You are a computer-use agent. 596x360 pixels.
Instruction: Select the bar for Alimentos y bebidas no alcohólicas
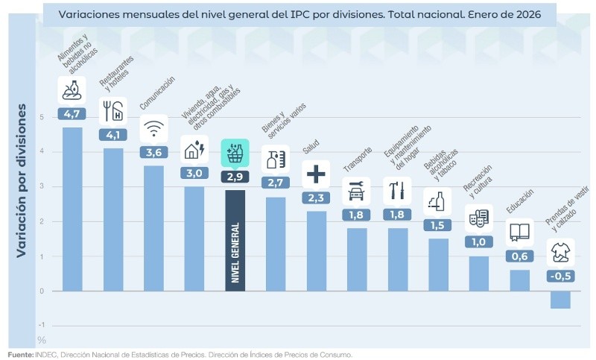72,209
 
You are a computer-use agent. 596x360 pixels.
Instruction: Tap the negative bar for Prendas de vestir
560,300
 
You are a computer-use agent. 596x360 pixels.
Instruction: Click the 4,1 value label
112,136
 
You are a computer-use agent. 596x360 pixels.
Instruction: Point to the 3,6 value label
153,152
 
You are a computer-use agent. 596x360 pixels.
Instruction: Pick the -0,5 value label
560,277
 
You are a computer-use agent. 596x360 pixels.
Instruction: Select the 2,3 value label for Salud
316,198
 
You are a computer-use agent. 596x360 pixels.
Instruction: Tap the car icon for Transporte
356,192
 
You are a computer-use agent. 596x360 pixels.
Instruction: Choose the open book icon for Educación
519,233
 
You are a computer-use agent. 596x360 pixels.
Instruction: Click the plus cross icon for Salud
316,174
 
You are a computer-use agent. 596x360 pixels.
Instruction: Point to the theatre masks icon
478,218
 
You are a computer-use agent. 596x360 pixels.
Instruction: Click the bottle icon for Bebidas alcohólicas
438,201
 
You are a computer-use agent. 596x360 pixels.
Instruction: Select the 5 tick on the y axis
42,117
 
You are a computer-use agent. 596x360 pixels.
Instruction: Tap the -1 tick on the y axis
42,325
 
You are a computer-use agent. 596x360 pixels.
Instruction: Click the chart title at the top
298,14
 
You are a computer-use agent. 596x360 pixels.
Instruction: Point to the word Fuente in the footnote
20,355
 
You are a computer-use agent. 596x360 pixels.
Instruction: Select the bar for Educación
519,280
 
